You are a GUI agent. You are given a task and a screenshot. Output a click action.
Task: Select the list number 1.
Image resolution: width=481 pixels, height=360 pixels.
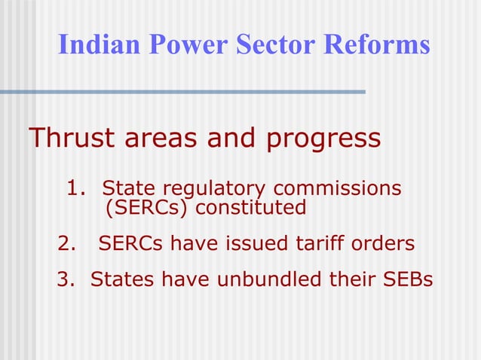pyautogui.click(x=75, y=187)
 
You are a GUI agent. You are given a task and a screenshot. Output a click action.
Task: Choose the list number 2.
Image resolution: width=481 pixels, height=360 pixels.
pyautogui.click(x=67, y=244)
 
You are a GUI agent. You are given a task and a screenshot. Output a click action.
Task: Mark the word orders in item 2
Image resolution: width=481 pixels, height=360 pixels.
pyautogui.click(x=386, y=244)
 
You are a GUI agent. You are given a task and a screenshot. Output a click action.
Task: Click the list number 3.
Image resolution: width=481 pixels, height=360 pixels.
pyautogui.click(x=66, y=279)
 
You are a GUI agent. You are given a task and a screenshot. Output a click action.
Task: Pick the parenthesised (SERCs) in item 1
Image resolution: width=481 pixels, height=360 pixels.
pyautogui.click(x=147, y=207)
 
